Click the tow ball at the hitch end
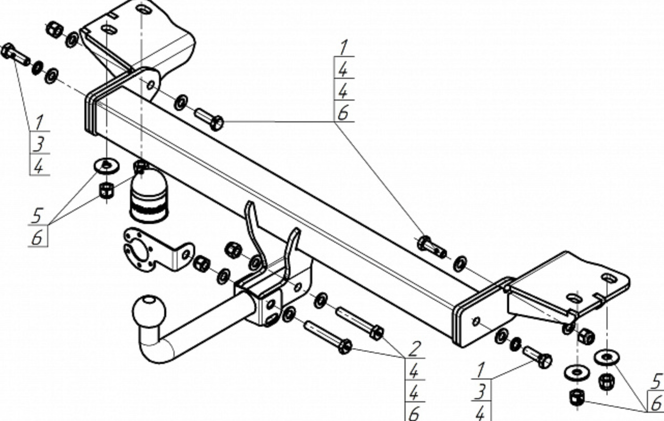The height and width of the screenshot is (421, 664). pyautogui.click(x=149, y=311)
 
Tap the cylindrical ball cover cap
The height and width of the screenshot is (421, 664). pyautogui.click(x=148, y=199)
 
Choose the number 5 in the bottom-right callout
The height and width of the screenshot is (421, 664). pyautogui.click(x=656, y=381)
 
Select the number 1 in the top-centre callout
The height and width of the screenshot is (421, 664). pyautogui.click(x=343, y=47)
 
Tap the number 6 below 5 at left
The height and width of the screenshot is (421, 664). pyautogui.click(x=38, y=237)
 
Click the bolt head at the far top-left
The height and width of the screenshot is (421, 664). pyautogui.click(x=8, y=51)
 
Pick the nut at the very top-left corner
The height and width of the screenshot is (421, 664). pyautogui.click(x=54, y=29)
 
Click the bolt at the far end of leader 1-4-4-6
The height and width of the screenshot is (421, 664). pyautogui.click(x=431, y=247)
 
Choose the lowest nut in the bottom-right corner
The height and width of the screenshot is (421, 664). pyautogui.click(x=577, y=398)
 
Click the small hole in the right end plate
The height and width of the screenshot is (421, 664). pyautogui.click(x=476, y=321)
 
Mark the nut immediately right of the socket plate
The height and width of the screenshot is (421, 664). pyautogui.click(x=201, y=263)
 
